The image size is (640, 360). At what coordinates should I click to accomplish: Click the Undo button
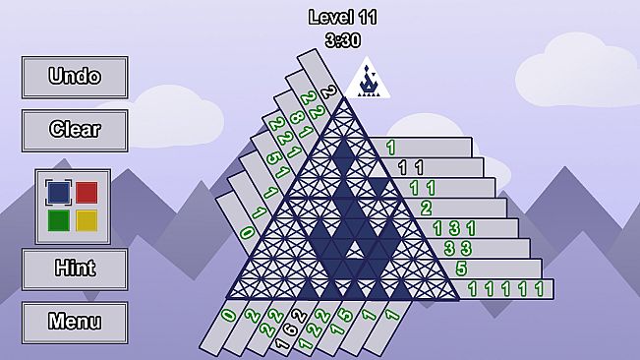[75, 77]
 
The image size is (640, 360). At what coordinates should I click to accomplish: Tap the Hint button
[75, 269]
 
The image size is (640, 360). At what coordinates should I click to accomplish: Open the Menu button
[75, 322]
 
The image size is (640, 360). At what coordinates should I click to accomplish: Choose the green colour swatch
[58, 220]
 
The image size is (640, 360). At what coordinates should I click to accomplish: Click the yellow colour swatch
[87, 220]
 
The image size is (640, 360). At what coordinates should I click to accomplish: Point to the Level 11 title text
[342, 17]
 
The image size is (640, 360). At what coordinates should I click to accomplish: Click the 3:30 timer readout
[342, 40]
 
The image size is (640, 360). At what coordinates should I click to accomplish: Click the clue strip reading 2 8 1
[291, 118]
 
